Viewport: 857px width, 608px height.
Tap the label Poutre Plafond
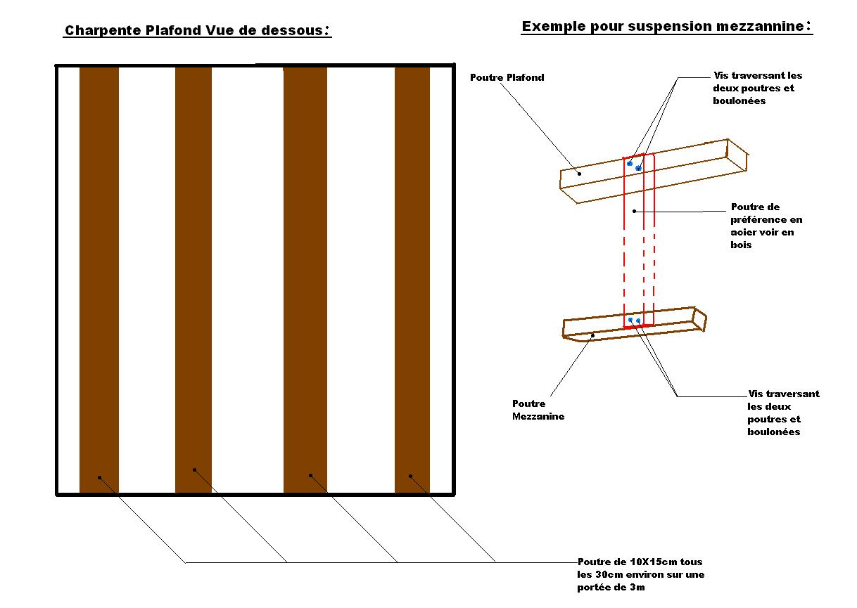point(507,78)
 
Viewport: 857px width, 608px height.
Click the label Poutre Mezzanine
point(538,410)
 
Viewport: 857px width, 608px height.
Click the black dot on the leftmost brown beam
point(100,478)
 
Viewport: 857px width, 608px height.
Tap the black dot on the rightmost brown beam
point(410,476)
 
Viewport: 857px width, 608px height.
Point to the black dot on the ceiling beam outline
point(580,173)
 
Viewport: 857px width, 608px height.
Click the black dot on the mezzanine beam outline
point(592,335)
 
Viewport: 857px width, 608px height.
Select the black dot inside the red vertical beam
point(634,210)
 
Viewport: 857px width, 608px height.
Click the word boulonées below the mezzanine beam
point(773,432)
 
